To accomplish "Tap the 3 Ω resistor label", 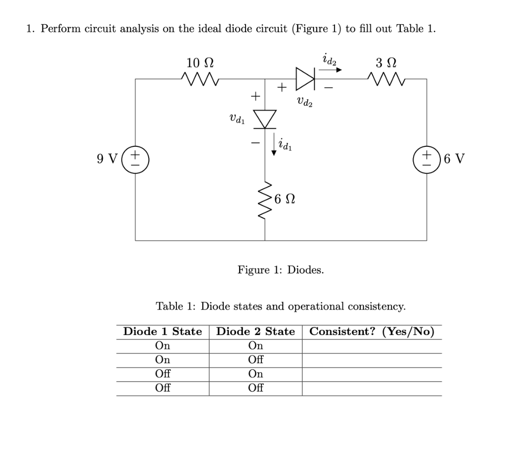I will pos(386,63).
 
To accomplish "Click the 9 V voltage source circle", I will pos(136,159).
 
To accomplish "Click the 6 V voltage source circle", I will pos(426,159).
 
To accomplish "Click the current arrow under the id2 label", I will pos(330,70).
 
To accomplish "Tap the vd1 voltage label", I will pos(236,119).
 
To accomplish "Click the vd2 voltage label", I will pos(304,102).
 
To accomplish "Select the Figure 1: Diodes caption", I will pos(280,270).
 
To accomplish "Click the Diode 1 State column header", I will pos(163,331).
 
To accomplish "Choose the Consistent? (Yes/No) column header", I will pos(371,331).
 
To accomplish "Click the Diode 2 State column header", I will pos(255,331).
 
